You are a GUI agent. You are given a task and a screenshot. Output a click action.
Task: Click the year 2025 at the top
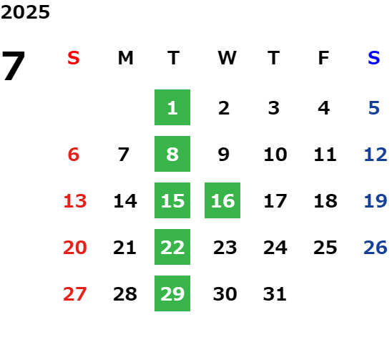[x=25, y=12]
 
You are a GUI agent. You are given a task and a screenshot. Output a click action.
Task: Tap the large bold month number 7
[x=14, y=66]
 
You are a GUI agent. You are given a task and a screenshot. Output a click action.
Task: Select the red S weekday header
[x=74, y=58]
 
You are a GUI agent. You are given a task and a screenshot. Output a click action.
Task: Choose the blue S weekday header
[x=373, y=58]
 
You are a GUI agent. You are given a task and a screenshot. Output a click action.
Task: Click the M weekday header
[x=125, y=58]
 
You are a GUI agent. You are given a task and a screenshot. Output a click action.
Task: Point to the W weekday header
[x=227, y=58]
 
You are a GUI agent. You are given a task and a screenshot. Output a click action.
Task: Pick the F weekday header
[x=323, y=58]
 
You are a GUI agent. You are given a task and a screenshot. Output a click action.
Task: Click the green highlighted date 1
[x=172, y=107]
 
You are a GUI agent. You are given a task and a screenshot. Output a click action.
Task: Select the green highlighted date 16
[x=222, y=200]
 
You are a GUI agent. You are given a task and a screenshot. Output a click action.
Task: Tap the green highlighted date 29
[x=172, y=293]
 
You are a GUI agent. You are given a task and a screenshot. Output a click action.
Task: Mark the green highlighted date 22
[x=172, y=247]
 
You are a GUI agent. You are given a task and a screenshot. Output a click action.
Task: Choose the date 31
[x=275, y=293]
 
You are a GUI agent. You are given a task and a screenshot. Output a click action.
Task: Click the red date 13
[x=75, y=200]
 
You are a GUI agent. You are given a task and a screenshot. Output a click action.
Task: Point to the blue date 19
[x=376, y=200]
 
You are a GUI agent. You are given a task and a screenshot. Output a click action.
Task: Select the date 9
[x=223, y=154]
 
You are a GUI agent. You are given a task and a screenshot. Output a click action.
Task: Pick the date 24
[x=275, y=247]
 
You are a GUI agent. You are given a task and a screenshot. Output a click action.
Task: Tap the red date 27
[x=75, y=293]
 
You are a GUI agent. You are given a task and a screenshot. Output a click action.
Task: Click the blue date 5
[x=374, y=108]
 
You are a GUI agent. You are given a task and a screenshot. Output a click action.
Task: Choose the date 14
[x=125, y=200]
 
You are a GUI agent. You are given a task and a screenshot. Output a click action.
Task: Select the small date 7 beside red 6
[x=124, y=154]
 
